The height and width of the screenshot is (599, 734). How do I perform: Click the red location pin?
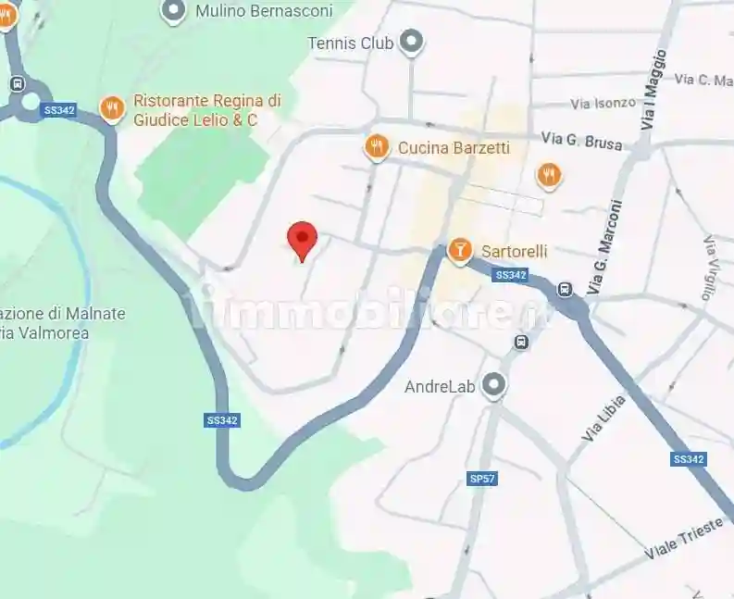(303, 240)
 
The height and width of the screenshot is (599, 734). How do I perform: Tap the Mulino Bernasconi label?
(249, 11)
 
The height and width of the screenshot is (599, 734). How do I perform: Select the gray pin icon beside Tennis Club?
(411, 42)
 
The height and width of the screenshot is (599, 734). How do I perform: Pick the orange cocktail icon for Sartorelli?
(459, 251)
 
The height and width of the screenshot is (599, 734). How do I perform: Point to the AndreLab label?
(440, 386)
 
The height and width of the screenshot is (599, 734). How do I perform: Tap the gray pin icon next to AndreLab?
(495, 385)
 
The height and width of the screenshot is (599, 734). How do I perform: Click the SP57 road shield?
(482, 479)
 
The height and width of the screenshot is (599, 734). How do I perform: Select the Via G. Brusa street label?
(582, 141)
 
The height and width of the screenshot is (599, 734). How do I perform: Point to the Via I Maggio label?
(653, 89)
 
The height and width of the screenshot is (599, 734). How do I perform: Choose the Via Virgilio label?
(710, 268)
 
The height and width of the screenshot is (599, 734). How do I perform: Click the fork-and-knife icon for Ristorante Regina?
(112, 109)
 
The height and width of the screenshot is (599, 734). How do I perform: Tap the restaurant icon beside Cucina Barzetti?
(376, 147)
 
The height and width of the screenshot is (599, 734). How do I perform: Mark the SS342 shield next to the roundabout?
(59, 110)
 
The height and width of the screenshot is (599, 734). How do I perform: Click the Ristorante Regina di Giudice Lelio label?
(207, 110)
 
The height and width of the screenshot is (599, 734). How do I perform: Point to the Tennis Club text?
(351, 43)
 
